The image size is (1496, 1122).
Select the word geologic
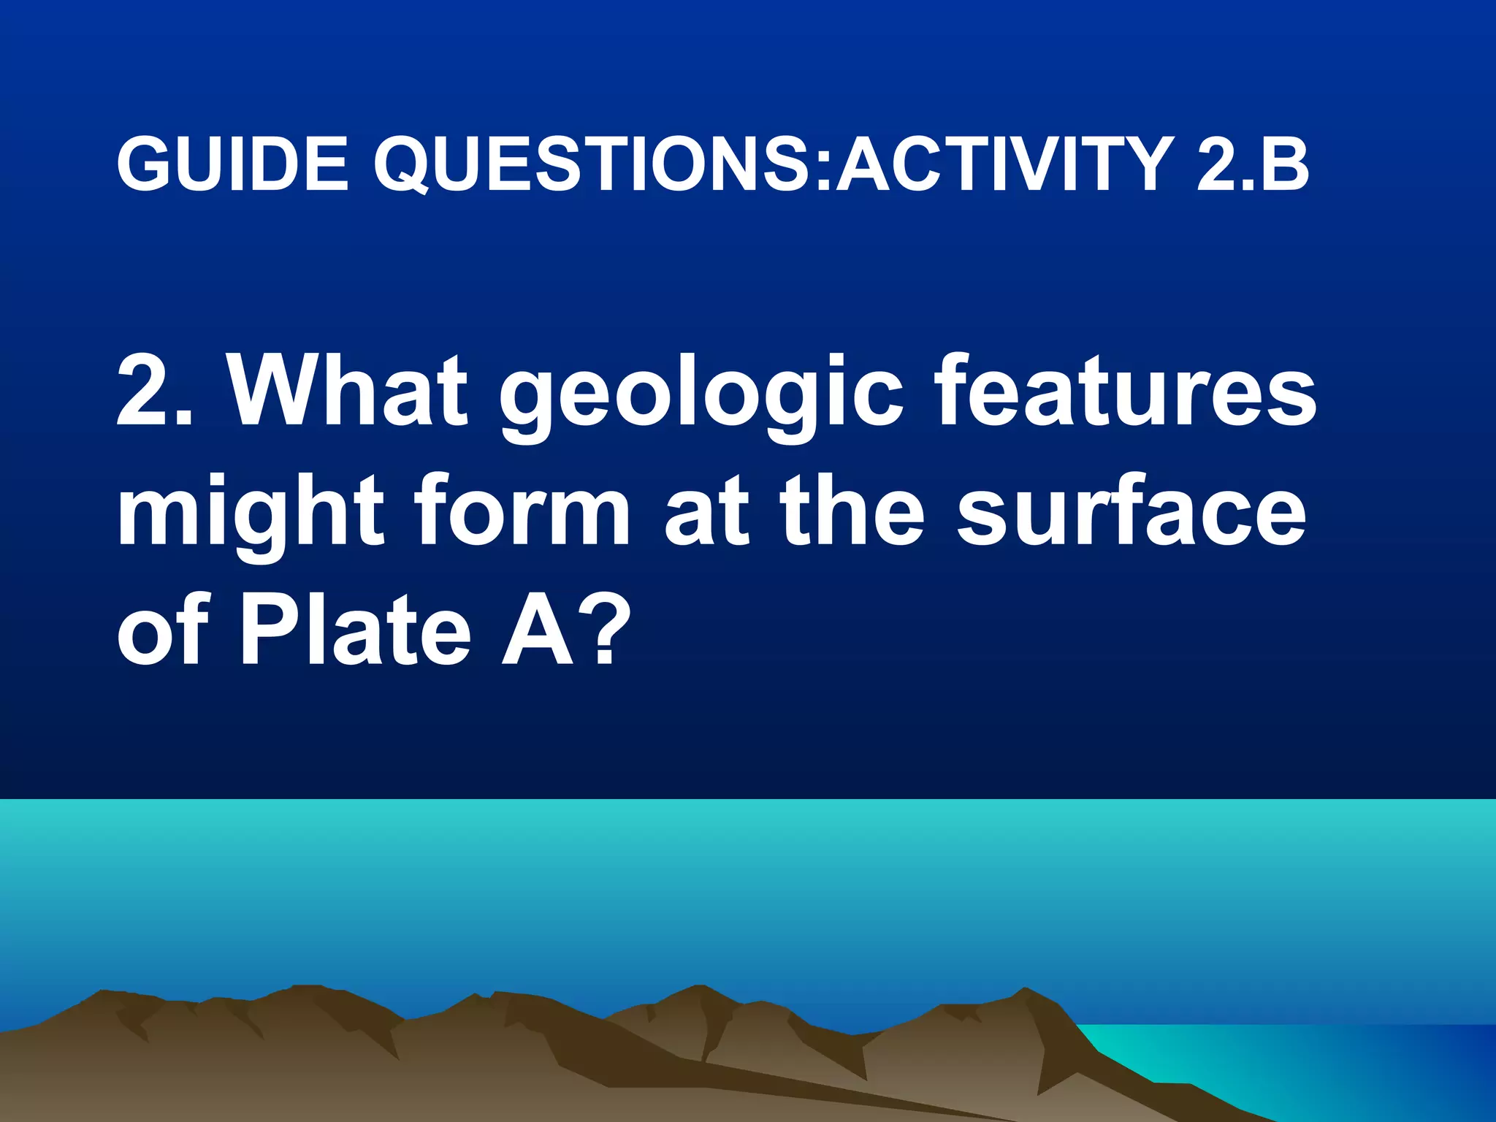[x=701, y=398]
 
